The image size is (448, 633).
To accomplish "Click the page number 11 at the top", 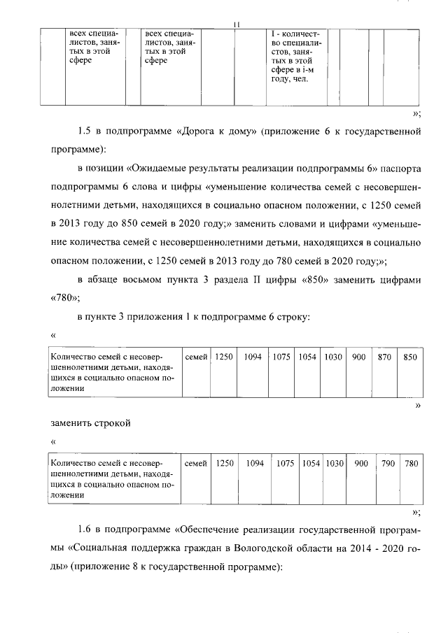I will pyautogui.click(x=237, y=25).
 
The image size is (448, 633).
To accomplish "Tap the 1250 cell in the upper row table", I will pyautogui.click(x=223, y=357).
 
